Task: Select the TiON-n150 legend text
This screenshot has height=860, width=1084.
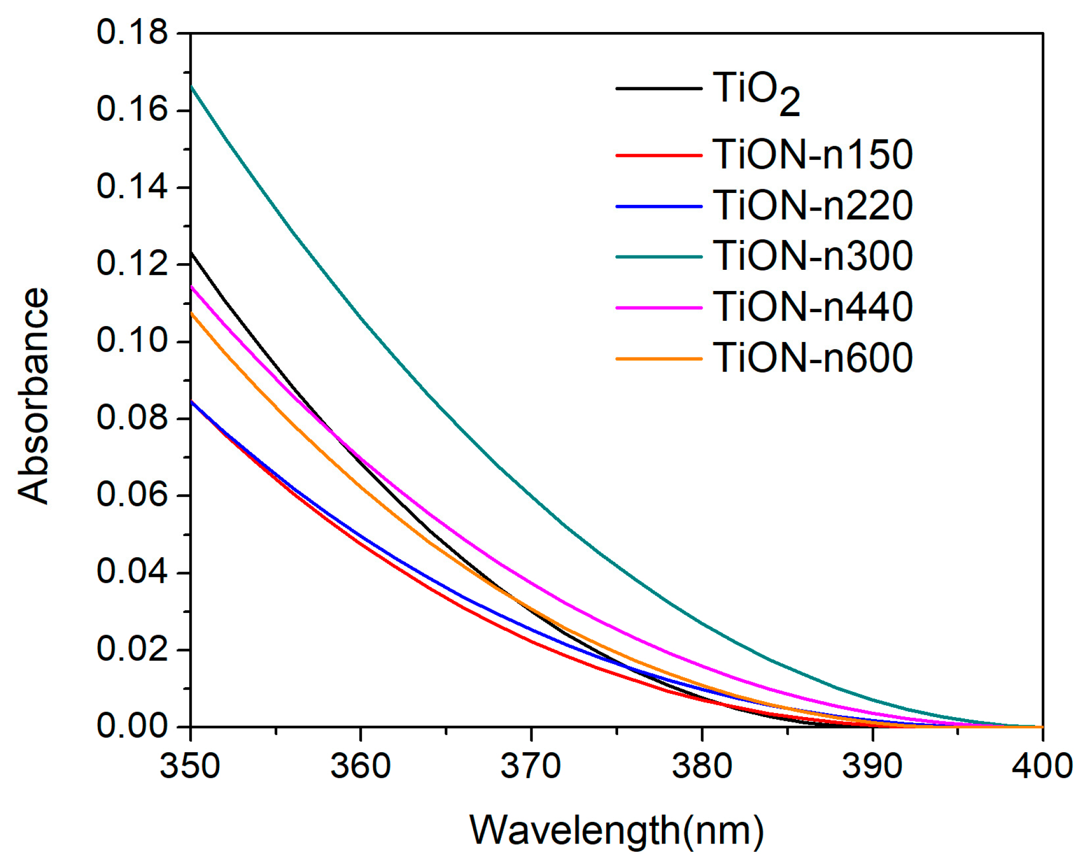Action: coord(812,155)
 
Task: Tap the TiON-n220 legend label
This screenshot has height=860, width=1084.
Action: coord(812,206)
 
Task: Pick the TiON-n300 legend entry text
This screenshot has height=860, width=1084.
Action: coord(812,256)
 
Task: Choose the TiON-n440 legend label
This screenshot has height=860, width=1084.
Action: coord(812,307)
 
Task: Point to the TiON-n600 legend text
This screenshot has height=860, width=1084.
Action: coord(812,358)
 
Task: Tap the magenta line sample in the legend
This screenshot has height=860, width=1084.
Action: coord(659,308)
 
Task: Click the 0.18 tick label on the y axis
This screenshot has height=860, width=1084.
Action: coord(132,33)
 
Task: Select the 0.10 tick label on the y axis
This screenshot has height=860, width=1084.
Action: coord(132,341)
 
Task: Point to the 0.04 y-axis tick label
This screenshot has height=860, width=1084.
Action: coord(132,572)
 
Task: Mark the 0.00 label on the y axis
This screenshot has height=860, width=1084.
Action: coord(132,726)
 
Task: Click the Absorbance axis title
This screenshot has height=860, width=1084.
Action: coord(34,396)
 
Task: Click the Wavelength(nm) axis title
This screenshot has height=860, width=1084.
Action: coord(616,831)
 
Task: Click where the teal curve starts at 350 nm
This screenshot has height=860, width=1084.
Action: coord(192,87)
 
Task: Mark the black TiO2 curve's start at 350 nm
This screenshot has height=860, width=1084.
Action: coord(192,253)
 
